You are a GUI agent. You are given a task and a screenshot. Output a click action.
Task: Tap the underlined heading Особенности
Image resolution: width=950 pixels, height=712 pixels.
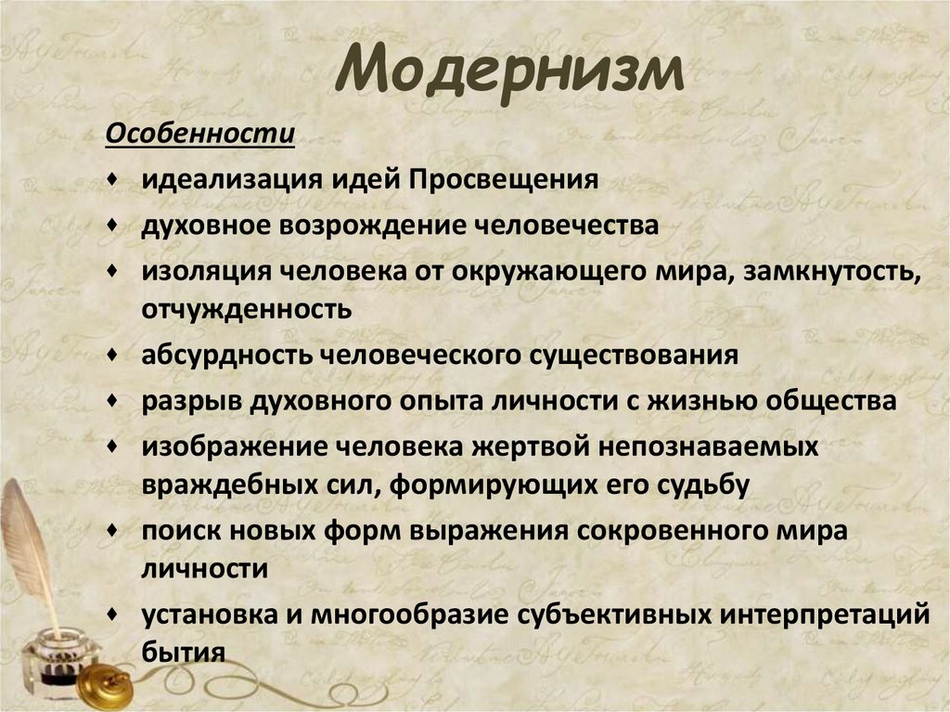[x=199, y=135]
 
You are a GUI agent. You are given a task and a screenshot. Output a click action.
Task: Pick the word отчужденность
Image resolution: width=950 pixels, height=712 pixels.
[x=246, y=309]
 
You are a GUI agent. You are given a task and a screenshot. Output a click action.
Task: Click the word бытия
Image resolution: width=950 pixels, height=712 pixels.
[x=184, y=653]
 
